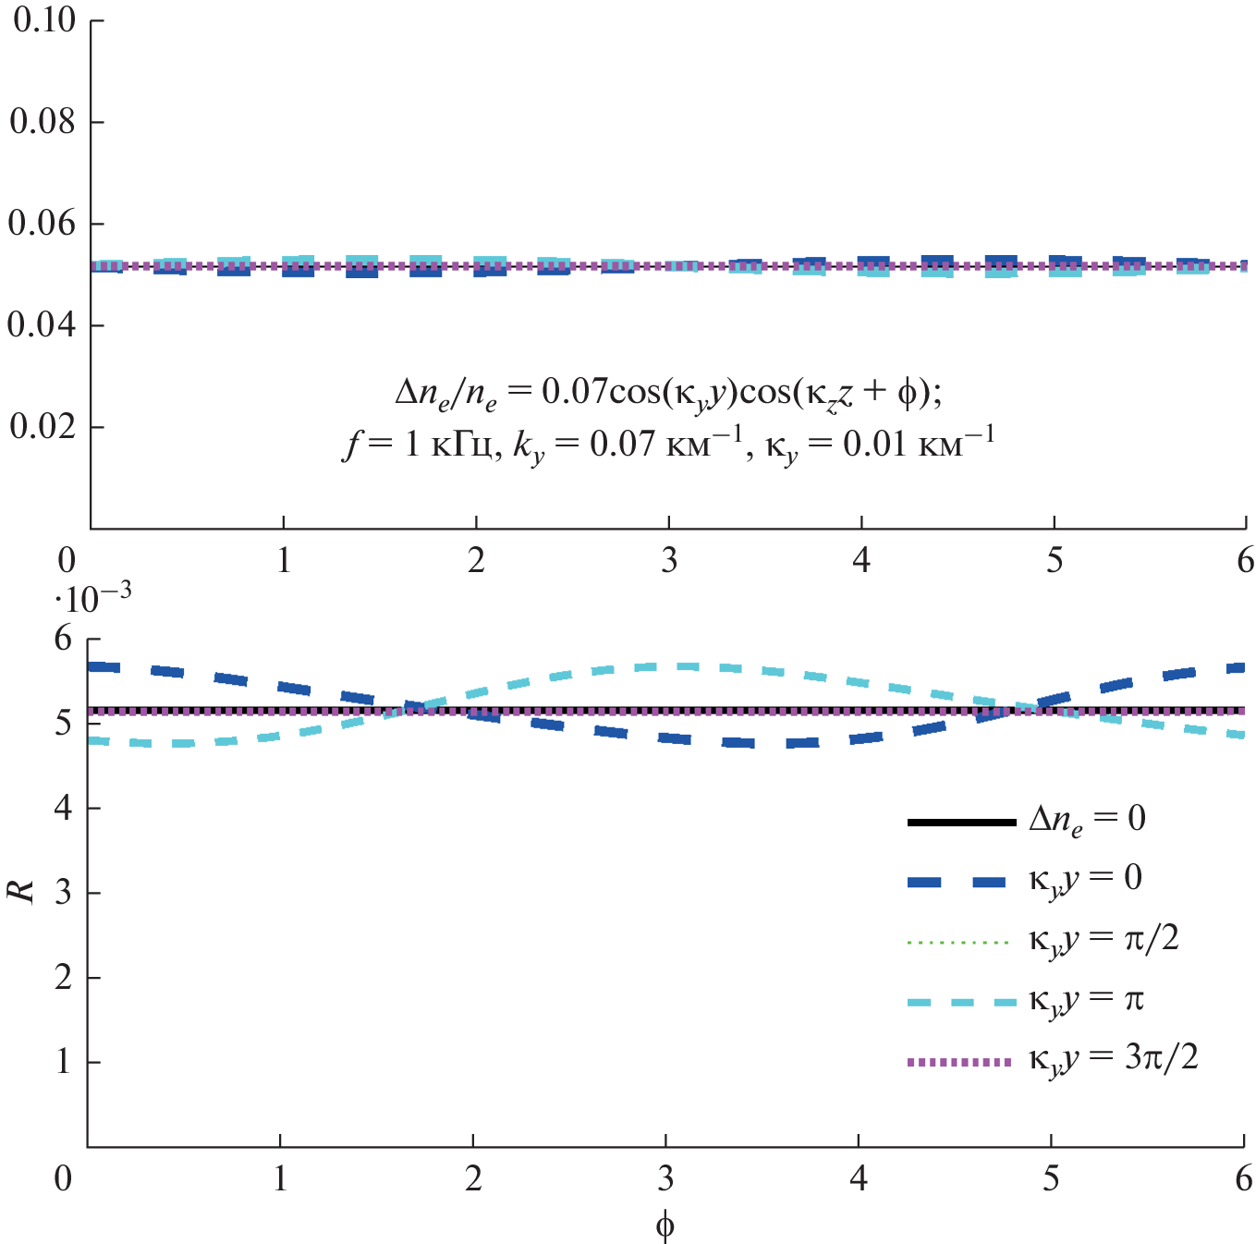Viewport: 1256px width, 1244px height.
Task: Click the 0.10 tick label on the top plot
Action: pos(43,20)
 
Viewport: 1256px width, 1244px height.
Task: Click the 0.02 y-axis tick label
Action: pos(43,427)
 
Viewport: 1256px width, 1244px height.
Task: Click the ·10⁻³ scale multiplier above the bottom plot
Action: pos(92,599)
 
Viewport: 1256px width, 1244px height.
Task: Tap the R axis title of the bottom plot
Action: pos(20,891)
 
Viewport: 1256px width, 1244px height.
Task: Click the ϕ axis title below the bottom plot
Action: pos(665,1226)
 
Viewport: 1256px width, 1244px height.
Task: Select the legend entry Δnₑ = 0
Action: pos(1087,820)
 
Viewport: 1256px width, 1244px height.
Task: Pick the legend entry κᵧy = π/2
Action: pos(1104,940)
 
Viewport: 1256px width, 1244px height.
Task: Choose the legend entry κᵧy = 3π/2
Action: pos(1113,1059)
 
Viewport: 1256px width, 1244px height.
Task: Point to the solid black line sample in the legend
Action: pos(961,822)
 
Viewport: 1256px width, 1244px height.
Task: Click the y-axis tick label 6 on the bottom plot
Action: pos(64,639)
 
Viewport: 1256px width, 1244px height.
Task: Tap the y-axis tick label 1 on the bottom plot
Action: pos(64,1062)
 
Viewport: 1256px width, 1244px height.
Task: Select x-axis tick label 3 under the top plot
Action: pos(668,561)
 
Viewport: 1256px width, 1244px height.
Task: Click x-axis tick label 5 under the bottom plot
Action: pos(1051,1179)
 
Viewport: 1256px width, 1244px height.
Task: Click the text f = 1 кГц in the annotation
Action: pos(417,446)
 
